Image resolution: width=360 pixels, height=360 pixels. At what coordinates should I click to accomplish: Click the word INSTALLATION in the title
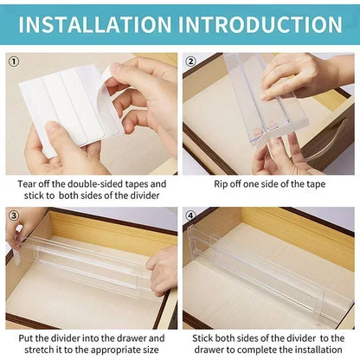coord(96,23)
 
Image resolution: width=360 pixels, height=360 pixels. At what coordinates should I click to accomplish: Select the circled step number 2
coord(191,61)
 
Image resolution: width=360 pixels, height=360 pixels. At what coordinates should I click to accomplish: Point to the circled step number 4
coord(191,214)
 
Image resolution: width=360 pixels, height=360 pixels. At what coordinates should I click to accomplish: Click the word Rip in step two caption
coord(222,183)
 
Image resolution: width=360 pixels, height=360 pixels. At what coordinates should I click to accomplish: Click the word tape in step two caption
coord(312,183)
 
